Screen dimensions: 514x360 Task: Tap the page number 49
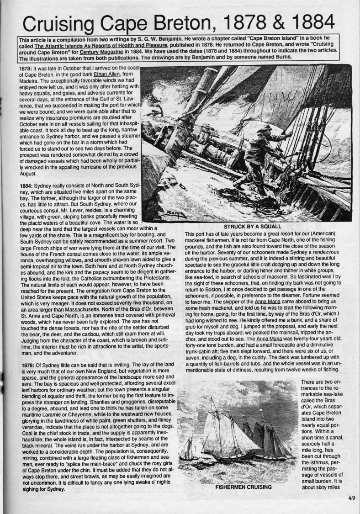pyautogui.click(x=351, y=498)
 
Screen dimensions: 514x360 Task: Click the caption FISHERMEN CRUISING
pyautogui.click(x=243, y=487)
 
